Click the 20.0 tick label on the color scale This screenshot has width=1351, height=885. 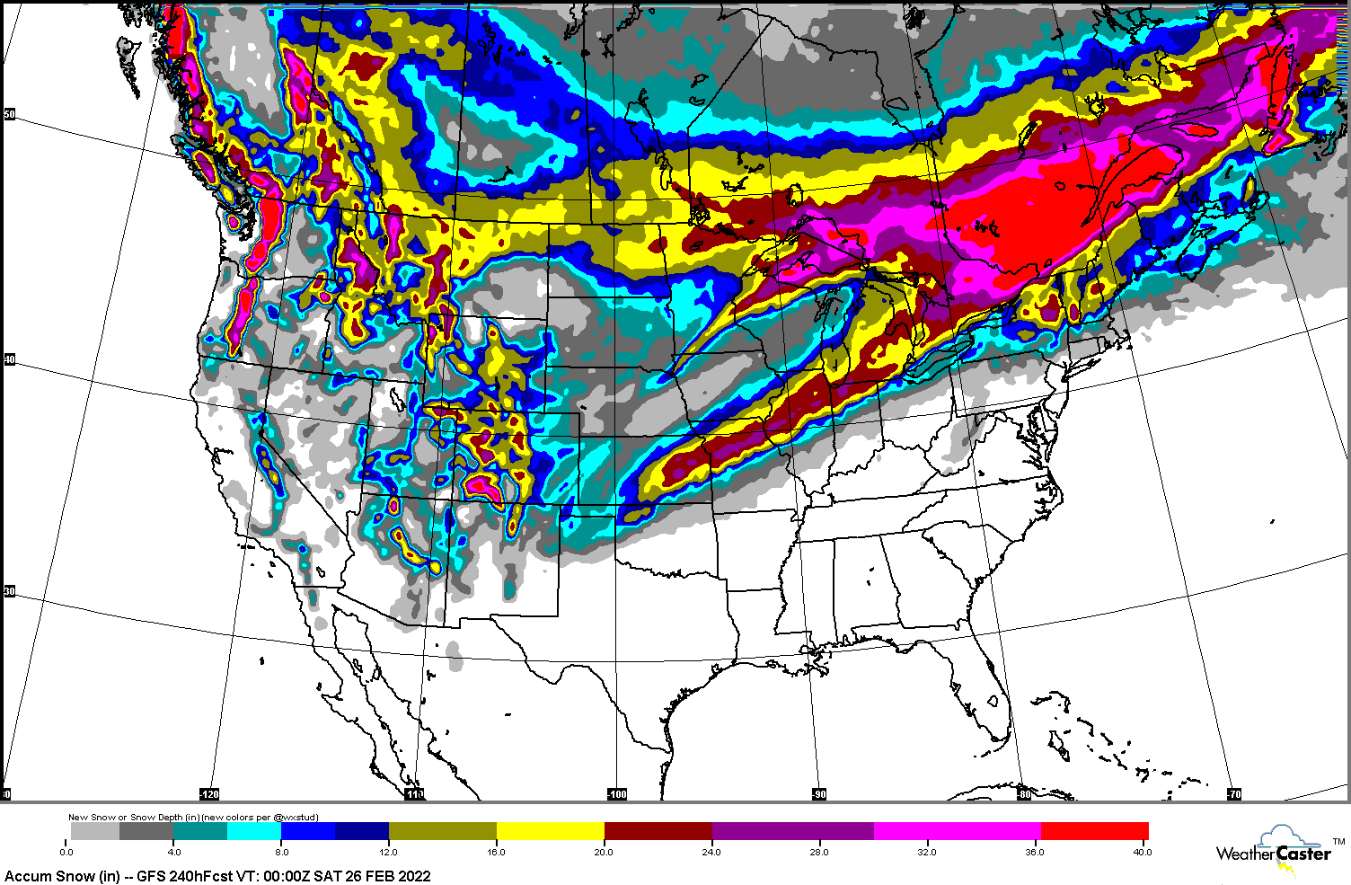[x=604, y=852]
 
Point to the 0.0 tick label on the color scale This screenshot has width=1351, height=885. [x=66, y=852]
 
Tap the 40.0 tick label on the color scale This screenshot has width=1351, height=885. [x=1141, y=852]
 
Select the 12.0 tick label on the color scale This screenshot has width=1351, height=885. [x=389, y=852]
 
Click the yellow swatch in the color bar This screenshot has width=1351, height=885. [x=550, y=831]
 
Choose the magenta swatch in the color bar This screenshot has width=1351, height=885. [x=957, y=831]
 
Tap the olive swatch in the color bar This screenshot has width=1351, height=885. [x=442, y=831]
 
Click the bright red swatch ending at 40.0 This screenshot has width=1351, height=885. [x=1094, y=831]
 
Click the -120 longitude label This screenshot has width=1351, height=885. [x=208, y=794]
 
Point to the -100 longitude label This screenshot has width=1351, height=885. [x=616, y=794]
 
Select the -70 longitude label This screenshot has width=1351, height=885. [x=1233, y=794]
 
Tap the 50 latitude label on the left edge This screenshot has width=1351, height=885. [x=10, y=114]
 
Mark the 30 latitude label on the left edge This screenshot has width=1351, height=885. [x=10, y=591]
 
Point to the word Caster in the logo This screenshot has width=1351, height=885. [x=1303, y=854]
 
